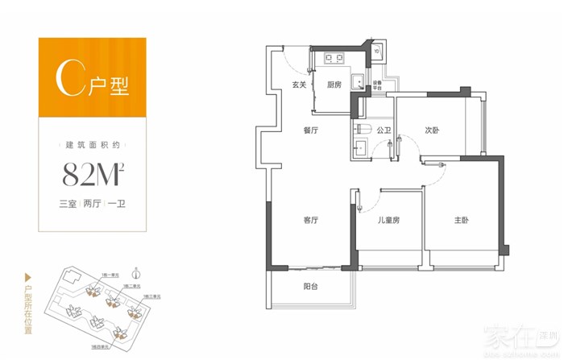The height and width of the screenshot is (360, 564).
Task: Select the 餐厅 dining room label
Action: click(312, 130)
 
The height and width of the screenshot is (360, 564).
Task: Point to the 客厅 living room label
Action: click(312, 219)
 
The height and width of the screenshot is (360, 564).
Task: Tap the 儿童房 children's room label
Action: click(388, 219)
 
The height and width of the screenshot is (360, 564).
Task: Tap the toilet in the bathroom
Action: click(362, 130)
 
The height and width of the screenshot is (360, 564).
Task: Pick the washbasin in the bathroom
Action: click(362, 147)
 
